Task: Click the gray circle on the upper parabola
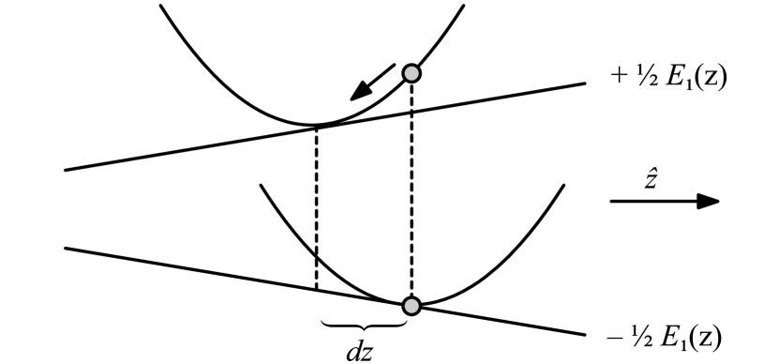pyautogui.click(x=411, y=72)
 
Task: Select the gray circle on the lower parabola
pyautogui.click(x=411, y=305)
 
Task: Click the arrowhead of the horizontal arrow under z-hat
pyautogui.click(x=711, y=201)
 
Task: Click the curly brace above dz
pyautogui.click(x=364, y=325)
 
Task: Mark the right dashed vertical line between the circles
pyautogui.click(x=411, y=188)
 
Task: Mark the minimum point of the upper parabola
pyautogui.click(x=317, y=125)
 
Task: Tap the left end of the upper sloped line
pyautogui.click(x=66, y=170)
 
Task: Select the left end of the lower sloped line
pyautogui.click(x=66, y=248)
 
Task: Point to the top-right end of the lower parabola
pyautogui.click(x=563, y=185)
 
